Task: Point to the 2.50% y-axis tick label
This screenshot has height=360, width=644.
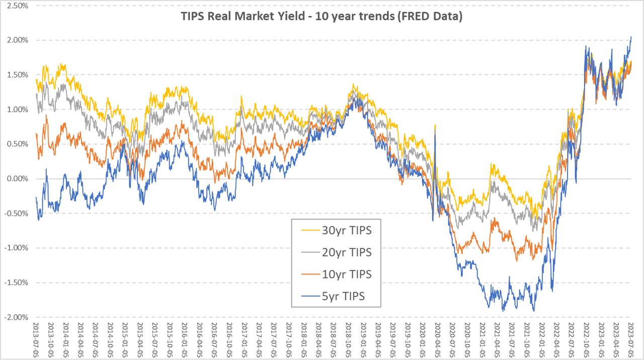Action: pos(17,6)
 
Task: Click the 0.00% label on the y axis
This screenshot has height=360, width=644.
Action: pos(17,179)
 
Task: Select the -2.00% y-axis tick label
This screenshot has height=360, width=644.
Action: pos(16,317)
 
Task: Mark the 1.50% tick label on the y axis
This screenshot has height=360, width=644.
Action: pos(17,75)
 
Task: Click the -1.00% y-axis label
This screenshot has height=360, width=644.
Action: pos(16,248)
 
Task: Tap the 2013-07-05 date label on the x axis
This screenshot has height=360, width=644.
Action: pos(36,340)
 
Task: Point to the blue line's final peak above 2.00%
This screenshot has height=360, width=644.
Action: pos(631,37)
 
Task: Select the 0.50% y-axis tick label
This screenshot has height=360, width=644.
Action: pos(17,144)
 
